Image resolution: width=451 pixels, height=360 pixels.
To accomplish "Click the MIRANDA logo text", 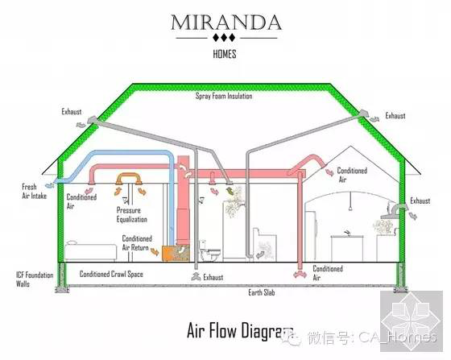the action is [226, 23].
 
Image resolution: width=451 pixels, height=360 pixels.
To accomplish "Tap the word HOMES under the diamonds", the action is [225, 54].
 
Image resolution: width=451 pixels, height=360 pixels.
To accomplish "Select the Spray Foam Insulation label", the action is [224, 96].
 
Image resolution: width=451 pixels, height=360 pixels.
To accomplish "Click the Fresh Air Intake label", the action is [34, 191].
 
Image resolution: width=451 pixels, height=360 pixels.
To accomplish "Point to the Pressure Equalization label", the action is [132, 215].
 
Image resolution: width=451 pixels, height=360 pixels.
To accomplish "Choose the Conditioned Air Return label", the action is [137, 243].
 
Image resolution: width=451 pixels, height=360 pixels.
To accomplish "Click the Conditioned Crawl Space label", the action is [111, 274].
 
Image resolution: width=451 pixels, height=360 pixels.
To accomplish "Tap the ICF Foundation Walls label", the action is [35, 279].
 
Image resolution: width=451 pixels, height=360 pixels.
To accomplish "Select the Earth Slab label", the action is [262, 292].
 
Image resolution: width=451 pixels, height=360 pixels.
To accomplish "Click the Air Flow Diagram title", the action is [240, 330].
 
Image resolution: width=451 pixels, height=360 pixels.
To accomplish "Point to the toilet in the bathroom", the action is [209, 250].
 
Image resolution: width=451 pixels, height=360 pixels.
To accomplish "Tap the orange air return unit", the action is [176, 253].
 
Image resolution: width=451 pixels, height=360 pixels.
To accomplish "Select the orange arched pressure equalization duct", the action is [129, 177].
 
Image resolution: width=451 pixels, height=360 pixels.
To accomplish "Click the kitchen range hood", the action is [393, 212].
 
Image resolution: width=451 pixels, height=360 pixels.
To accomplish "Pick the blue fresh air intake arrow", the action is [49, 185].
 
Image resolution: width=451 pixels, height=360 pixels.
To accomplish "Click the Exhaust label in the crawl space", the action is [213, 277].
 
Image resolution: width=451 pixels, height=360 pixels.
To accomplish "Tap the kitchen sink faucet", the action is [347, 232].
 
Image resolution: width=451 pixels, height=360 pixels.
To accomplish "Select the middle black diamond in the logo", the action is [224, 37].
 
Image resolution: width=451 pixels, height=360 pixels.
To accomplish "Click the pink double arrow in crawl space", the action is [300, 275].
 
